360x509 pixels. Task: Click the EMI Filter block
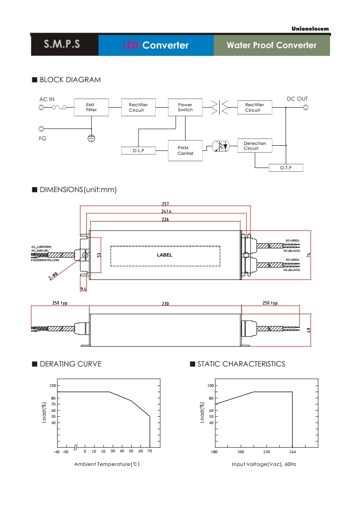(x=91, y=107)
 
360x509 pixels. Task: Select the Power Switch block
(x=185, y=107)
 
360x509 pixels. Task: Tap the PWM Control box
(x=185, y=151)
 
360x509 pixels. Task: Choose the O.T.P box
(x=286, y=168)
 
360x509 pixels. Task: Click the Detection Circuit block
(x=255, y=146)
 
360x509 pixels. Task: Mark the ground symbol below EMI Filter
(x=91, y=138)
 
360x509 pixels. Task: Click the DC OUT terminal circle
(x=306, y=108)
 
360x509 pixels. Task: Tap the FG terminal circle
(x=42, y=129)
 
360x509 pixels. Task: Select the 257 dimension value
(x=165, y=204)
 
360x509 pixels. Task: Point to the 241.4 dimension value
(x=166, y=212)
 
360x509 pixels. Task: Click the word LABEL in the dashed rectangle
(x=165, y=255)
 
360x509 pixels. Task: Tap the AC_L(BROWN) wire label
(x=41, y=247)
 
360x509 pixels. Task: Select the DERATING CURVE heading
(x=70, y=364)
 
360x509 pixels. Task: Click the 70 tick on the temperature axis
(x=150, y=452)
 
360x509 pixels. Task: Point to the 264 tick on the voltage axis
(x=292, y=452)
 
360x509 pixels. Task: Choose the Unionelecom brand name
(x=310, y=29)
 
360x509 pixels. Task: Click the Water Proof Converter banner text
(x=271, y=45)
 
